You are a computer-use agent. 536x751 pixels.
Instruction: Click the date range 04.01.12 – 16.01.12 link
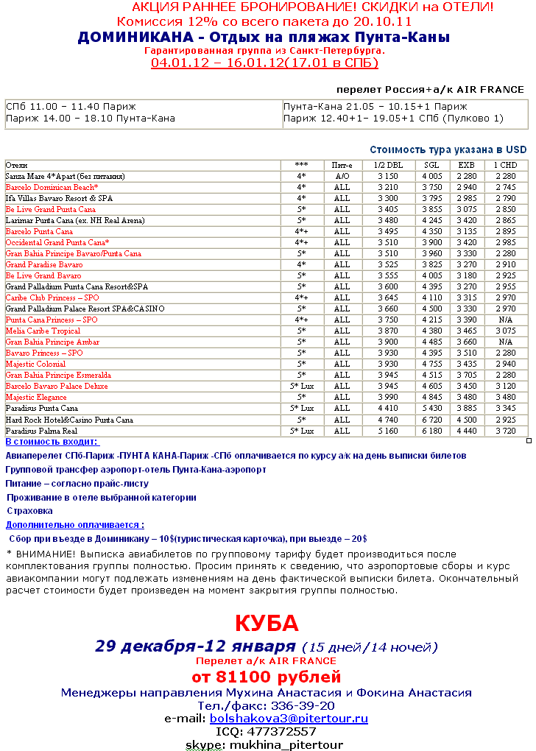pyautogui.click(x=264, y=63)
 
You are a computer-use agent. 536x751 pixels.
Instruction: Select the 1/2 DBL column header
pyautogui.click(x=388, y=166)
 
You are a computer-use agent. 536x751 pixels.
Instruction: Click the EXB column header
pyautogui.click(x=467, y=166)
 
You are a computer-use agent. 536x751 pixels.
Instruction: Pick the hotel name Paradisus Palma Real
pyautogui.click(x=42, y=431)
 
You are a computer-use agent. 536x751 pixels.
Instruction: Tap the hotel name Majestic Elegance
pyautogui.click(x=36, y=398)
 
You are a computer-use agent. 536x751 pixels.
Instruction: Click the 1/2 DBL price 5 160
pyautogui.click(x=387, y=431)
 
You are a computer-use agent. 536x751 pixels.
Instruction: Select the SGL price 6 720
pyautogui.click(x=431, y=420)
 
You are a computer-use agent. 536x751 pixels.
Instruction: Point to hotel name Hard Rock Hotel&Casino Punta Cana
pyautogui.click(x=69, y=420)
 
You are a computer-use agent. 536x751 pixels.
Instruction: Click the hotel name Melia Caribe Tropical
pyautogui.click(x=43, y=331)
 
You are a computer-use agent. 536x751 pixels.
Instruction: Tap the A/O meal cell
pyautogui.click(x=342, y=177)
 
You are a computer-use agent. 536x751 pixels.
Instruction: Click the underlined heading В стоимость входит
pyautogui.click(x=52, y=442)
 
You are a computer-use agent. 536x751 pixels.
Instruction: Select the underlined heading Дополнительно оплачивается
pyautogui.click(x=74, y=525)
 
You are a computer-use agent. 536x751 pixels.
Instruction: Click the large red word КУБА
pyautogui.click(x=267, y=624)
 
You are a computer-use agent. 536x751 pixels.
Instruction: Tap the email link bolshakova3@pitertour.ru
pyautogui.click(x=289, y=718)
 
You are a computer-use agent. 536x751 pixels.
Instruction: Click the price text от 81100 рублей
pyautogui.click(x=267, y=676)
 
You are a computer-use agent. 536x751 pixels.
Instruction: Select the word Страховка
pyautogui.click(x=30, y=510)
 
